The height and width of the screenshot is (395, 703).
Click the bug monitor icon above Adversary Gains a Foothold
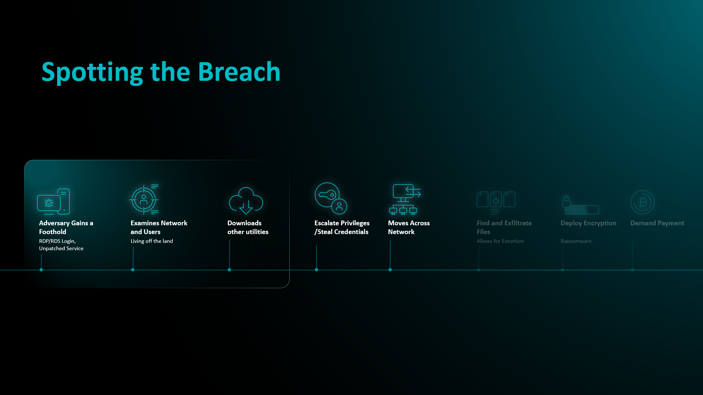[53, 202]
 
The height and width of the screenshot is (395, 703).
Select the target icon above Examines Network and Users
[144, 199]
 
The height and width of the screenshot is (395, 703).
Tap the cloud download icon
[246, 200]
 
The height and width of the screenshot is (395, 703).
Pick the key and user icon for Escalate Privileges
[331, 198]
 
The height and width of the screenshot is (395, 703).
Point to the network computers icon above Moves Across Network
[405, 199]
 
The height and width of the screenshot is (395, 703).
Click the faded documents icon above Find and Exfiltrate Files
[496, 202]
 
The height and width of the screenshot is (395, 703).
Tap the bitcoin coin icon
[642, 202]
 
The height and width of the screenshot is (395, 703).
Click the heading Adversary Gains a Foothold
[66, 227]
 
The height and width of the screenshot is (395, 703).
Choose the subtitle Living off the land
[152, 241]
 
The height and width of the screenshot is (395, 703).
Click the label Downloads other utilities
[248, 227]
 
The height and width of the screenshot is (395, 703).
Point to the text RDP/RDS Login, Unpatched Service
[61, 245]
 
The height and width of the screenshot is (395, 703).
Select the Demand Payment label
[657, 223]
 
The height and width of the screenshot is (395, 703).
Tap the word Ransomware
[576, 241]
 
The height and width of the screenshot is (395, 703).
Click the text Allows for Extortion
[500, 241]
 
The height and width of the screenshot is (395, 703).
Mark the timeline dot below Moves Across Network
[390, 270]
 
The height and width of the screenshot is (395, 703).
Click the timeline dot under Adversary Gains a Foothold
[41, 270]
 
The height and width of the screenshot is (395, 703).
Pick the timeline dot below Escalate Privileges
[316, 270]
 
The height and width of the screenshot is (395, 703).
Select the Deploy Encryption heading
[588, 223]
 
